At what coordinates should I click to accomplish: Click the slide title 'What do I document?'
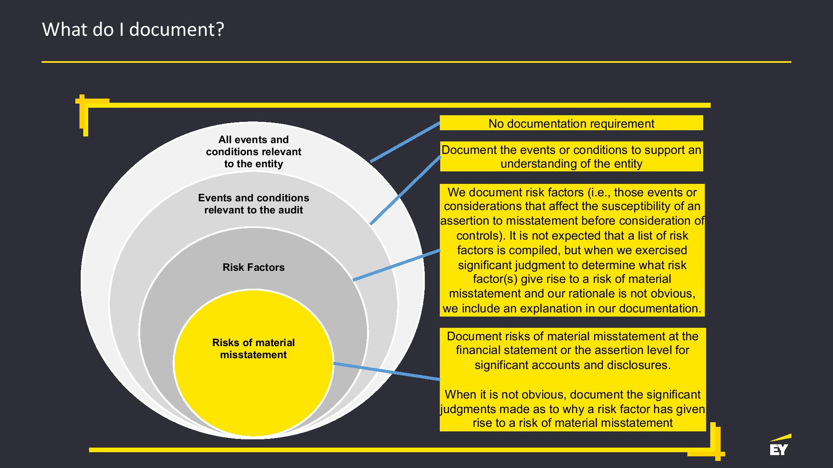(x=133, y=30)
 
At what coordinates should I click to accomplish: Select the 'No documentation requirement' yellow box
(x=571, y=123)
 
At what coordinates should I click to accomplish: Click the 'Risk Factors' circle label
(x=253, y=267)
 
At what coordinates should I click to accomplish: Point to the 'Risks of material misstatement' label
(x=253, y=349)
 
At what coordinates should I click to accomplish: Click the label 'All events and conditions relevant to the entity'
(x=253, y=151)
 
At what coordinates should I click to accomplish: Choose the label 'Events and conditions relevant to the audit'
(x=253, y=204)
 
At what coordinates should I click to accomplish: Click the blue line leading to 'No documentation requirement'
(x=405, y=142)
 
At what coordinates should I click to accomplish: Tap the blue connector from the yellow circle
(x=387, y=371)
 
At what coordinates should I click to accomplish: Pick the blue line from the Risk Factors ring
(x=396, y=265)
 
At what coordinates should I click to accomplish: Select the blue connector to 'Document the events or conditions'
(x=405, y=190)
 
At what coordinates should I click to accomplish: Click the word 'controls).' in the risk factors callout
(x=481, y=236)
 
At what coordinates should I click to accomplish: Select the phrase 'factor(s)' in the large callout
(x=495, y=279)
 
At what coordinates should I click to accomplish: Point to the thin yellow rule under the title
(x=416, y=62)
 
